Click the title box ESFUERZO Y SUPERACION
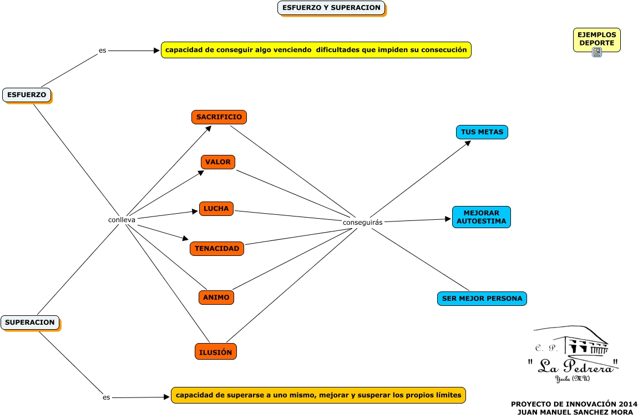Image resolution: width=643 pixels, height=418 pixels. point(331,8)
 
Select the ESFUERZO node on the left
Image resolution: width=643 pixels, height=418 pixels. point(27,95)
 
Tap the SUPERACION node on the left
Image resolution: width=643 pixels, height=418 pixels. point(30,322)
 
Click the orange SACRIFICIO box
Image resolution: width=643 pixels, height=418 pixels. point(219,117)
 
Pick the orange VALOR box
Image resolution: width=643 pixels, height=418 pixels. point(217,162)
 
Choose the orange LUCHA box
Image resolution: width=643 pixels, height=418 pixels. point(216,209)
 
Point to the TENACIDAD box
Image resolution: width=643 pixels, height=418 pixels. point(217,248)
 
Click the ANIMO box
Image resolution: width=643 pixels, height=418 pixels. point(216,298)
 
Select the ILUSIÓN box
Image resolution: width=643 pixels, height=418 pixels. point(216,351)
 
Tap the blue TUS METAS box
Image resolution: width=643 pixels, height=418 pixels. point(482,132)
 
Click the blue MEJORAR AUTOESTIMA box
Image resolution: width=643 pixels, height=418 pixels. point(481,217)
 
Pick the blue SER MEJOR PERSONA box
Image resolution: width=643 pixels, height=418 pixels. point(482,298)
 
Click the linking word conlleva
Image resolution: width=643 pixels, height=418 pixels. point(121,220)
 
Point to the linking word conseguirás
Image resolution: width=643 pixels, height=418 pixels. point(363,223)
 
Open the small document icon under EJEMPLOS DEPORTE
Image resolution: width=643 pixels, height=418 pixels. point(597,52)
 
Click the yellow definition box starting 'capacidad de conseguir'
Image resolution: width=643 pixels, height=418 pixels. point(316,50)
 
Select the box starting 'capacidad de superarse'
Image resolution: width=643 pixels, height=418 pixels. point(318,395)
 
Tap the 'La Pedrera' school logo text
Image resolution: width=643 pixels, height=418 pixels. point(573,365)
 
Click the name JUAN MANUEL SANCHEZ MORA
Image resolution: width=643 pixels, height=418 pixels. point(575,412)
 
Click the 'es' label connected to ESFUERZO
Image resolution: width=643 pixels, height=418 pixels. point(102,51)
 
